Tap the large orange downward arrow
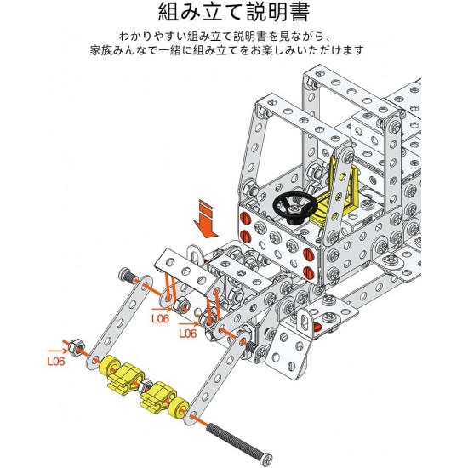point(206,221)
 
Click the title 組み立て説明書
point(233,12)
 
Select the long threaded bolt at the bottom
point(239,441)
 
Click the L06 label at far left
point(56,362)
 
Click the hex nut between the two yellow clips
point(145,386)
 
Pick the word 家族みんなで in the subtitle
point(123,50)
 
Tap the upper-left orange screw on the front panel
point(244,216)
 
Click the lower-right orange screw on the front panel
point(308,272)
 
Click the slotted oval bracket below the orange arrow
point(195,257)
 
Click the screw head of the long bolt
point(266,458)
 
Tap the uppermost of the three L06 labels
point(160,319)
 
